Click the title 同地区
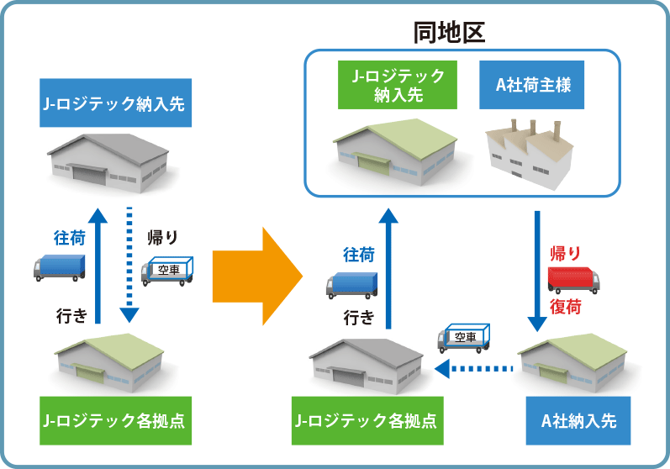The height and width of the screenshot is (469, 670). point(449,33)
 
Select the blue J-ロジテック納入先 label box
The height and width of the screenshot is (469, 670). point(115,103)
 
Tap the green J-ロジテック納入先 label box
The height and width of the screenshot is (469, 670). point(398,85)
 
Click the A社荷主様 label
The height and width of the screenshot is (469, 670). point(531,85)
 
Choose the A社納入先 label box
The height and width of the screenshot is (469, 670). point(578,421)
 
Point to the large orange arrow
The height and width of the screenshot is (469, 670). point(257,277)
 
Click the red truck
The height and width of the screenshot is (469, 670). point(574,280)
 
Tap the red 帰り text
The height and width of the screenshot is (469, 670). point(565,254)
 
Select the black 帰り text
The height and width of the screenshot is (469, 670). point(162,238)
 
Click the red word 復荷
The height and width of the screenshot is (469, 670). point(565,307)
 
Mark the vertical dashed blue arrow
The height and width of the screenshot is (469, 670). point(129,265)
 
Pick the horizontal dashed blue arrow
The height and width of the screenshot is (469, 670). point(473,369)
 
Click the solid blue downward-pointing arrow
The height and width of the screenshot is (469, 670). point(537,271)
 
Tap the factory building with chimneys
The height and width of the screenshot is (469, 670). point(530,154)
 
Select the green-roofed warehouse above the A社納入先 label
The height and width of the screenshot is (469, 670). point(572,363)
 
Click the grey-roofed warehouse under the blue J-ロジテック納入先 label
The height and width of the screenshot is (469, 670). point(108,163)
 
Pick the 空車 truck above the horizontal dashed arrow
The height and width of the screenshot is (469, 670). point(463,338)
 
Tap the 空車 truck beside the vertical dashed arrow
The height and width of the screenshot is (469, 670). point(167,271)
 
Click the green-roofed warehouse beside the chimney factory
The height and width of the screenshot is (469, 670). point(395,151)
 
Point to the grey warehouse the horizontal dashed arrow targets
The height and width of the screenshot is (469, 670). point(367,366)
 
